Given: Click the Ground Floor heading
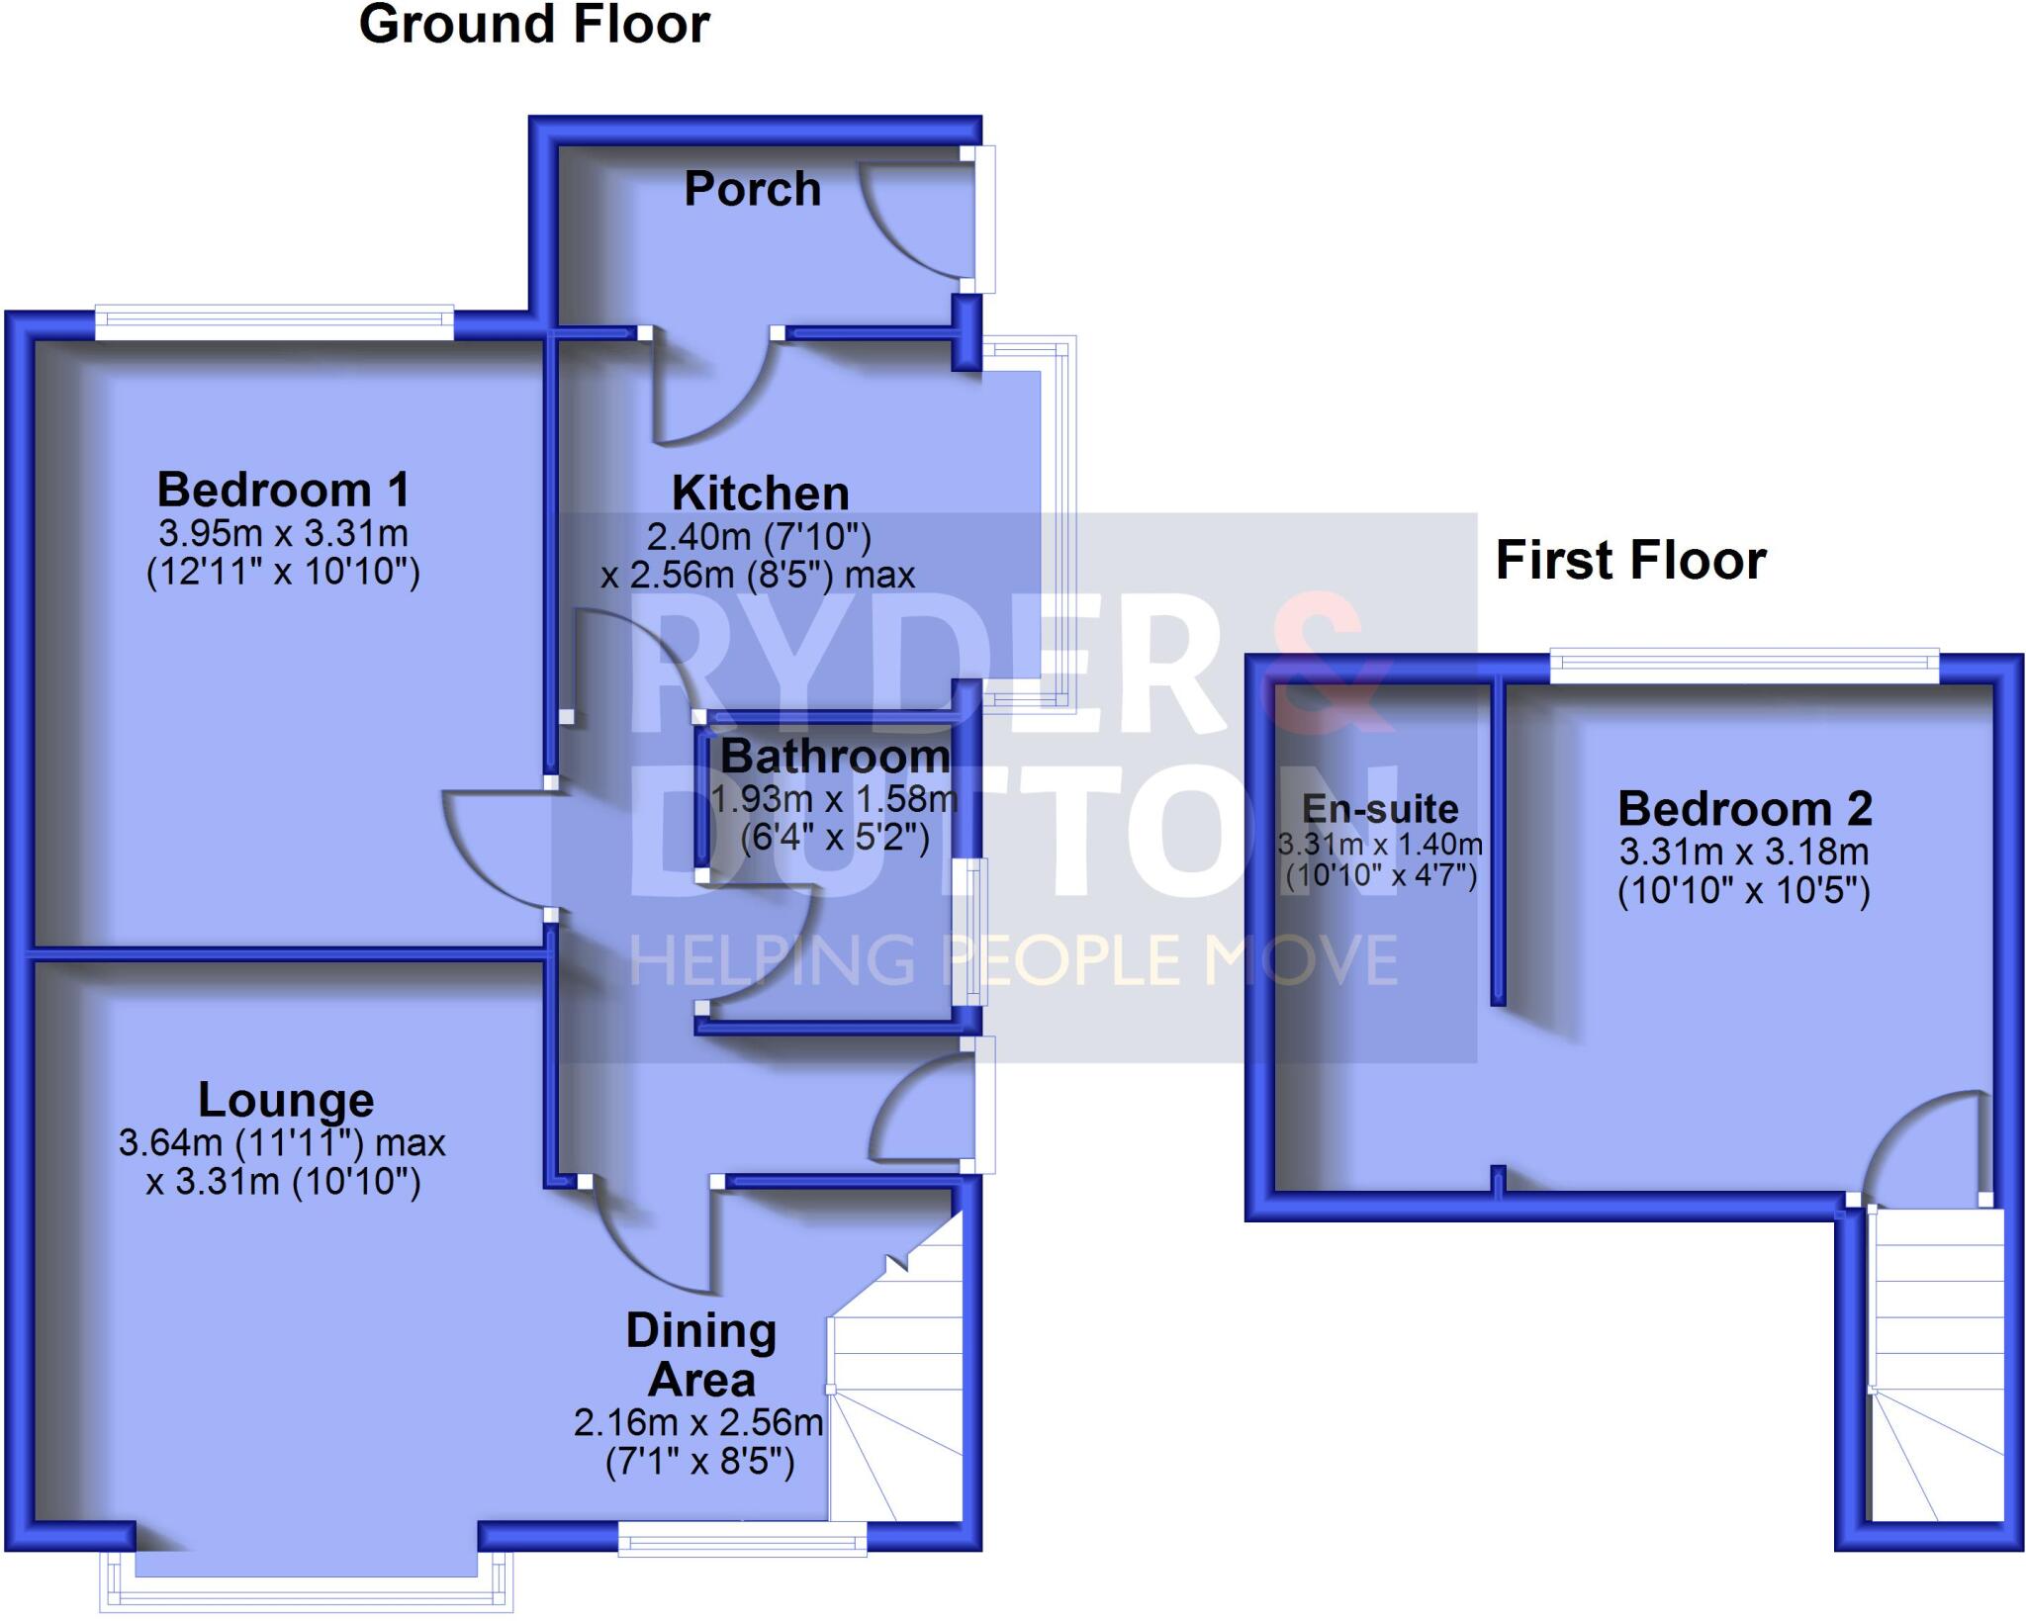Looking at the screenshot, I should (534, 25).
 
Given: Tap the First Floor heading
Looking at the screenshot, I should (1630, 560).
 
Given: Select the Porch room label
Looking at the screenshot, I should (753, 189).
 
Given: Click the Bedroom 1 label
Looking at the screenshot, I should (283, 490).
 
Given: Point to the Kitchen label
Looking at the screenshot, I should (760, 493).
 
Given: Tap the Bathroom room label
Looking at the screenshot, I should (835, 757).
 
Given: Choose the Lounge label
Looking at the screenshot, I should (286, 1100).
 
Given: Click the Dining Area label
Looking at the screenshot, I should (701, 1355).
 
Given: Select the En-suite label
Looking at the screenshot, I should (1380, 809).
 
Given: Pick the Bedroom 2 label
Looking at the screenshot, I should (1745, 809).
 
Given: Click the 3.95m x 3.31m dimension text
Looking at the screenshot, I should (283, 534).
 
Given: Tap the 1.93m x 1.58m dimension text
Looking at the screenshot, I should (835, 798).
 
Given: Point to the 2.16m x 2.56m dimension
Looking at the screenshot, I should (698, 1423).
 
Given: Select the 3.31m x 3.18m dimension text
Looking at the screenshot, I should (1744, 852).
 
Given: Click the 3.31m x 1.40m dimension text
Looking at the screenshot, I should (1380, 845).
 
